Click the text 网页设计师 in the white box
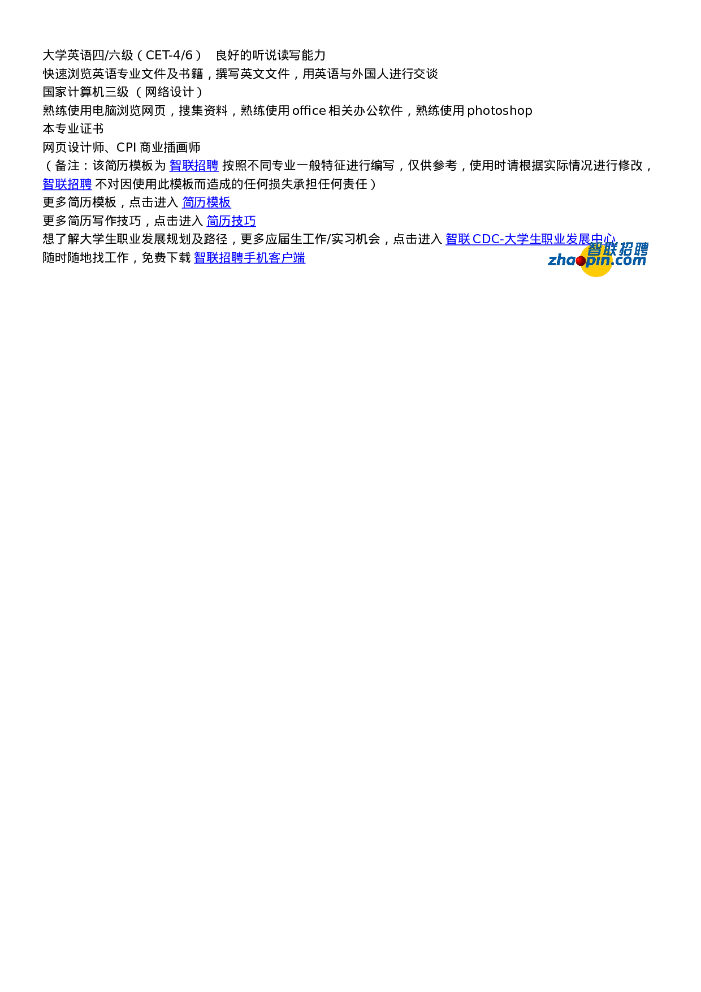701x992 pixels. (73, 148)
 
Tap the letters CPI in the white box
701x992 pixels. (126, 148)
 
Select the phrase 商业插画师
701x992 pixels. (170, 148)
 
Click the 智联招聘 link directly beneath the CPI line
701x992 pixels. (194, 166)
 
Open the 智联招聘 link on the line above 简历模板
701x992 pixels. (67, 184)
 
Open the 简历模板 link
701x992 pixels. (206, 202)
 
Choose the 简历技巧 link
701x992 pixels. (231, 221)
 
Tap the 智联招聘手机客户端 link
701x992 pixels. (249, 258)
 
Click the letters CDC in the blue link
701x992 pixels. (486, 239)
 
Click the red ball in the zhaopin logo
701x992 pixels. (581, 261)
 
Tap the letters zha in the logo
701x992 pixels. (561, 260)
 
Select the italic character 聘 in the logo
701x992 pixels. (641, 249)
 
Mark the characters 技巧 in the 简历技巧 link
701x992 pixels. (244, 221)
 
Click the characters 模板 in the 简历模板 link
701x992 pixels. (219, 202)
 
